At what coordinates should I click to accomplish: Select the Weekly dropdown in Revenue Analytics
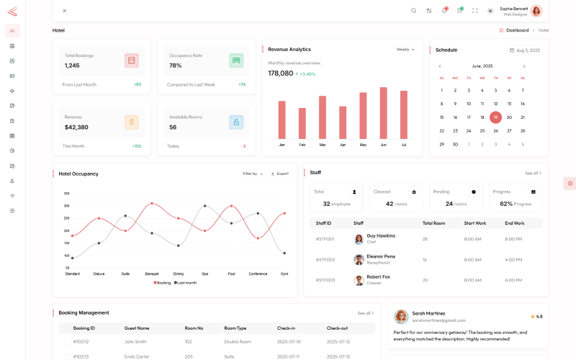[x=405, y=50]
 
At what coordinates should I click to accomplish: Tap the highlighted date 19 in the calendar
[x=495, y=117]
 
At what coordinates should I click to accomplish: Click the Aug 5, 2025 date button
[x=525, y=50]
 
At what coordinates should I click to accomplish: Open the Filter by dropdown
[x=253, y=174]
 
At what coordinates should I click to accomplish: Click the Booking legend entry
[x=162, y=283]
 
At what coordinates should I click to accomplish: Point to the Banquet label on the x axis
[x=152, y=274]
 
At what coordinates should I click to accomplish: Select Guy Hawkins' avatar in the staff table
[x=359, y=239]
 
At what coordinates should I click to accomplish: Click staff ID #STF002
[x=325, y=259]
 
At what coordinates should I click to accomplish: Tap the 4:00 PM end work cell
[x=513, y=259]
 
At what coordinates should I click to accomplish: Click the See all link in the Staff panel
[x=533, y=173]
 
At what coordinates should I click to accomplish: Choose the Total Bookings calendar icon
[x=131, y=60]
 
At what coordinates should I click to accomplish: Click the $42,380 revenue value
[x=76, y=127]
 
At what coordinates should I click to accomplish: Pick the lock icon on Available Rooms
[x=236, y=122]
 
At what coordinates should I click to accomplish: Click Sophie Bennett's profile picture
[x=536, y=11]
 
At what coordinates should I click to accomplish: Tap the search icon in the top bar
[x=413, y=11]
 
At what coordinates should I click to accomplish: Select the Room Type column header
[x=235, y=328]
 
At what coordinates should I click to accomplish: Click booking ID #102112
[x=81, y=342]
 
